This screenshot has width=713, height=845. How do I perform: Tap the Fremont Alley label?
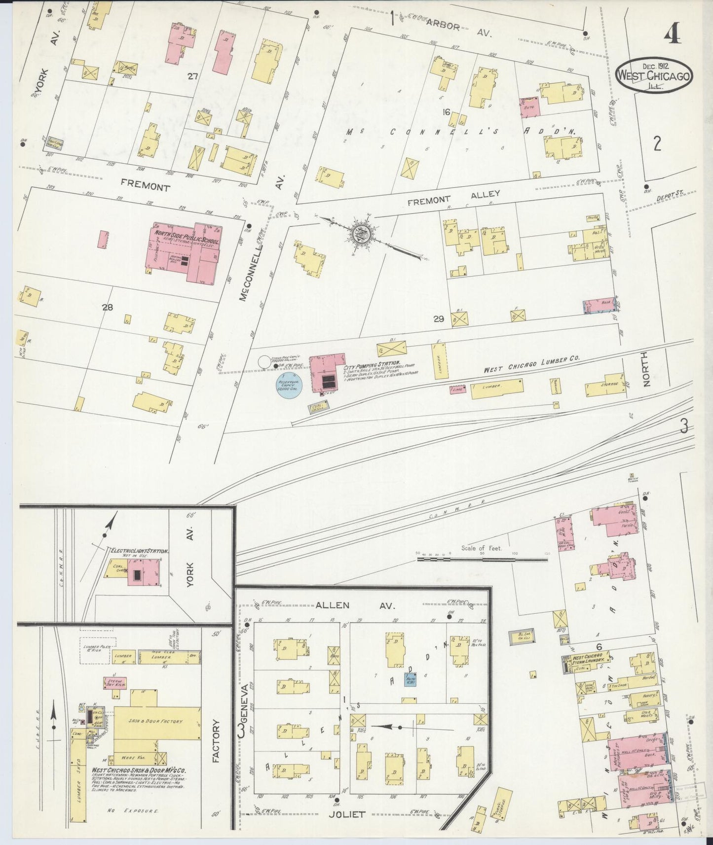pos(454,197)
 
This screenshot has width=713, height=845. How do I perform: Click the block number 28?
pos(108,307)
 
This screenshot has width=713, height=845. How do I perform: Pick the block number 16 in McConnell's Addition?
pos(446,112)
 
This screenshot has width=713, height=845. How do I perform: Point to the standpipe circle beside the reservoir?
pos(265,361)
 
